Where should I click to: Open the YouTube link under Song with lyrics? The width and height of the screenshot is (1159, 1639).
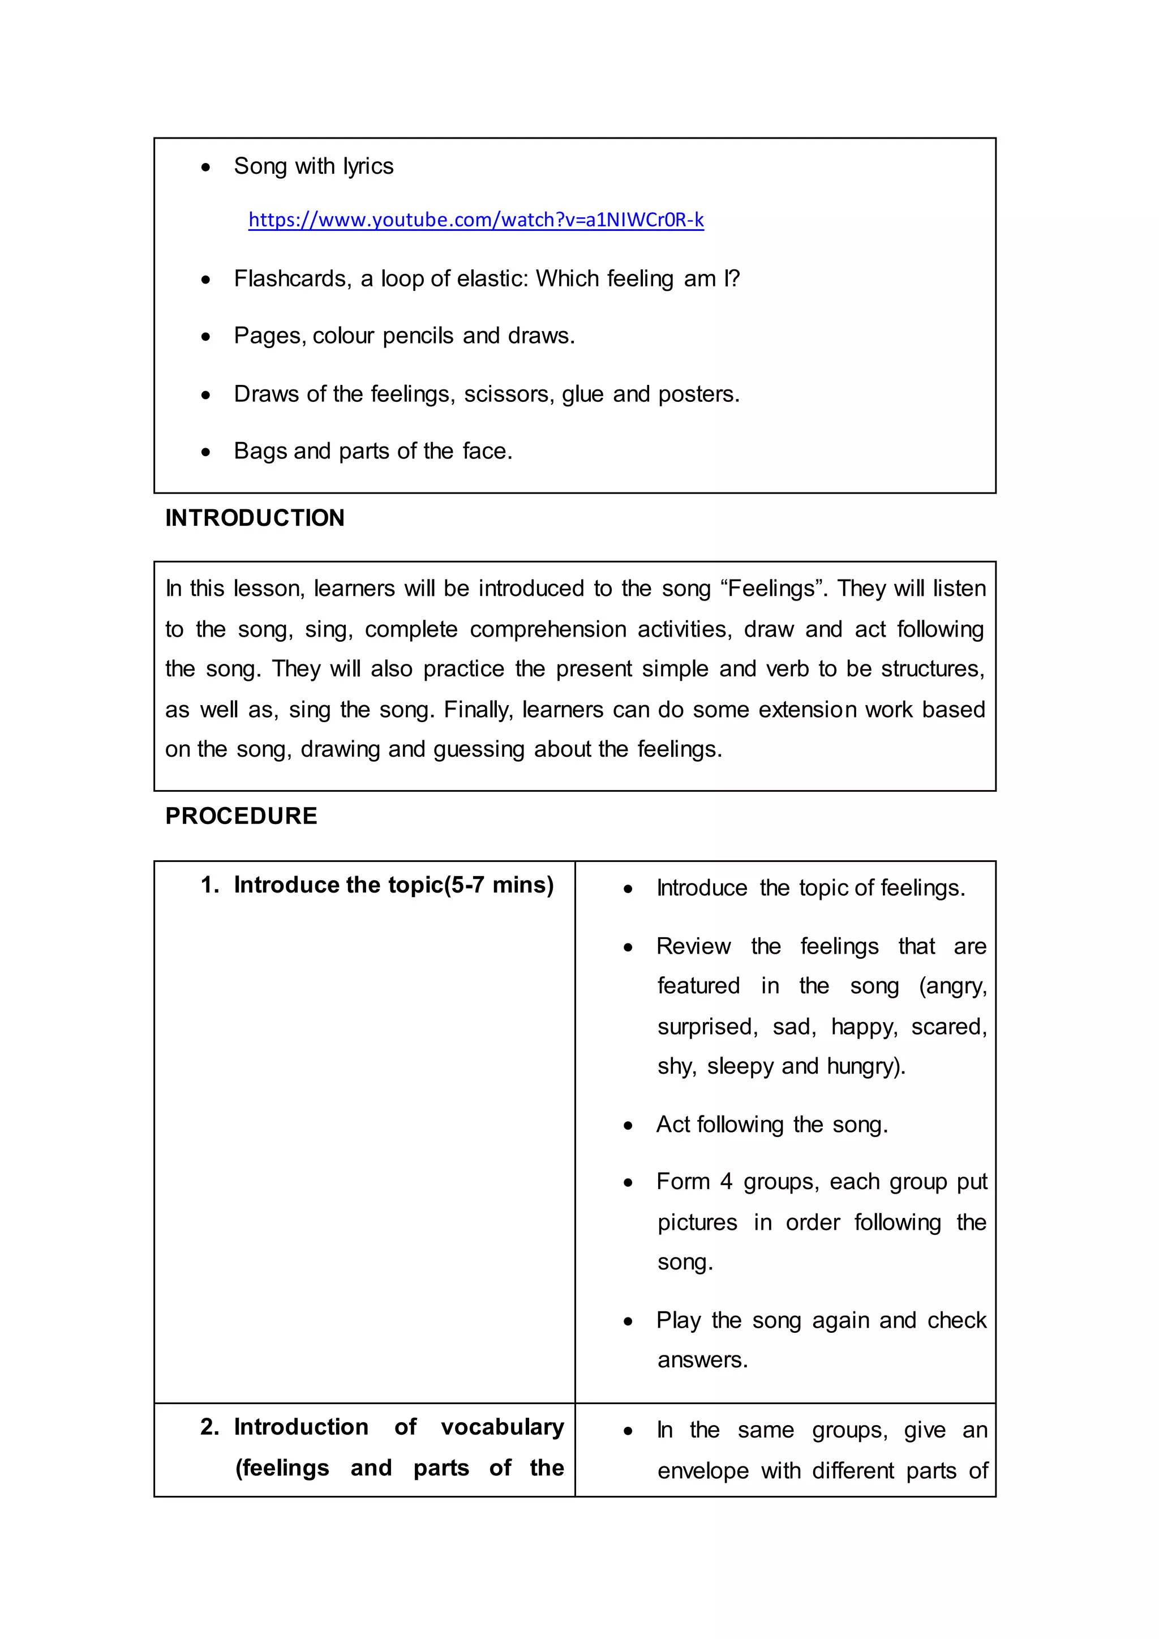475,220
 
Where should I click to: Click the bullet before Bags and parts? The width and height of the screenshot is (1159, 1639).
205,452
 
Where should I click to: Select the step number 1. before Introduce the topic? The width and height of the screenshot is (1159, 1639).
210,885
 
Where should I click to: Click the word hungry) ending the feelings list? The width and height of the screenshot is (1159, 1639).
866,1066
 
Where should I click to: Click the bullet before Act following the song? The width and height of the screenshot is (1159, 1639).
628,1126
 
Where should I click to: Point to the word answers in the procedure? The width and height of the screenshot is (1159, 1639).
702,1360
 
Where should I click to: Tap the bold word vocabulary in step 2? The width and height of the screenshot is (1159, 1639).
503,1427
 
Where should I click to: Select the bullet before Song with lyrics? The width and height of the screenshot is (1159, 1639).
205,168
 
